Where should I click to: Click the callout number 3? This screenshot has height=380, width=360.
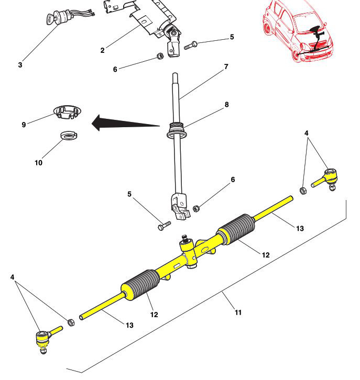tap(20, 65)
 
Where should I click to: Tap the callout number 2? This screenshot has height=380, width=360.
tap(103, 50)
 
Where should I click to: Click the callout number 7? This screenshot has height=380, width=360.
tap(226, 66)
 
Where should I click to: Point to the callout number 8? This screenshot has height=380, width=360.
tap(226, 105)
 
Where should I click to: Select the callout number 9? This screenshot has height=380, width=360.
tap(24, 125)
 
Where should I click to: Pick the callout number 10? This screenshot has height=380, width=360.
tap(38, 163)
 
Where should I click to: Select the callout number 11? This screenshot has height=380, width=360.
tap(238, 312)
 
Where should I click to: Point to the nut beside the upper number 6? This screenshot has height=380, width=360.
tap(160, 56)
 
